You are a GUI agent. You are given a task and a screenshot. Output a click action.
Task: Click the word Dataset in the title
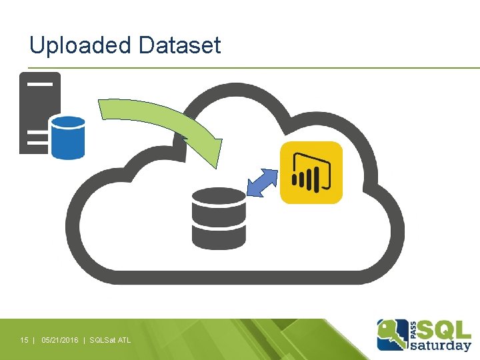(179, 46)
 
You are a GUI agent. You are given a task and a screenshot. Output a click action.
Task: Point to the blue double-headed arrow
(262, 183)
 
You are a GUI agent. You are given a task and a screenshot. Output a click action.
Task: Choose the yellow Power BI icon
(311, 172)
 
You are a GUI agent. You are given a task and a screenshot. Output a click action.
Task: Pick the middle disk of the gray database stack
(219, 219)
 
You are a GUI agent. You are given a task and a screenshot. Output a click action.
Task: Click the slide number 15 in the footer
(24, 341)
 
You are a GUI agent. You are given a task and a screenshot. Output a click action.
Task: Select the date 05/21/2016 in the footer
(59, 341)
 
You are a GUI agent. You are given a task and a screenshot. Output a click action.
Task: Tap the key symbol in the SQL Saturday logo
(393, 334)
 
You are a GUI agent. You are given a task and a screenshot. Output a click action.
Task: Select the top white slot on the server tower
(39, 84)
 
